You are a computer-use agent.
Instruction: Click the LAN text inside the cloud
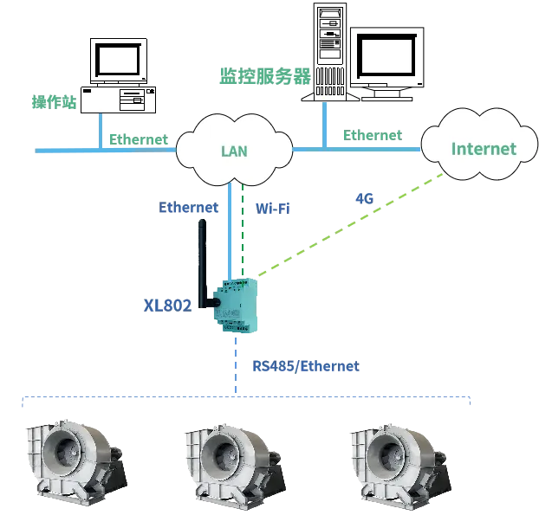(234, 151)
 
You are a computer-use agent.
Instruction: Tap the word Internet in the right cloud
(483, 149)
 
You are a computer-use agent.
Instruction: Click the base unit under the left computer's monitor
(116, 99)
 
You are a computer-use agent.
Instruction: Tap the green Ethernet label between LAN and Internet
(371, 135)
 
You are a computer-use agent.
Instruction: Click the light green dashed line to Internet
(347, 227)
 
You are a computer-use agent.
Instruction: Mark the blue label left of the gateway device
(167, 305)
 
